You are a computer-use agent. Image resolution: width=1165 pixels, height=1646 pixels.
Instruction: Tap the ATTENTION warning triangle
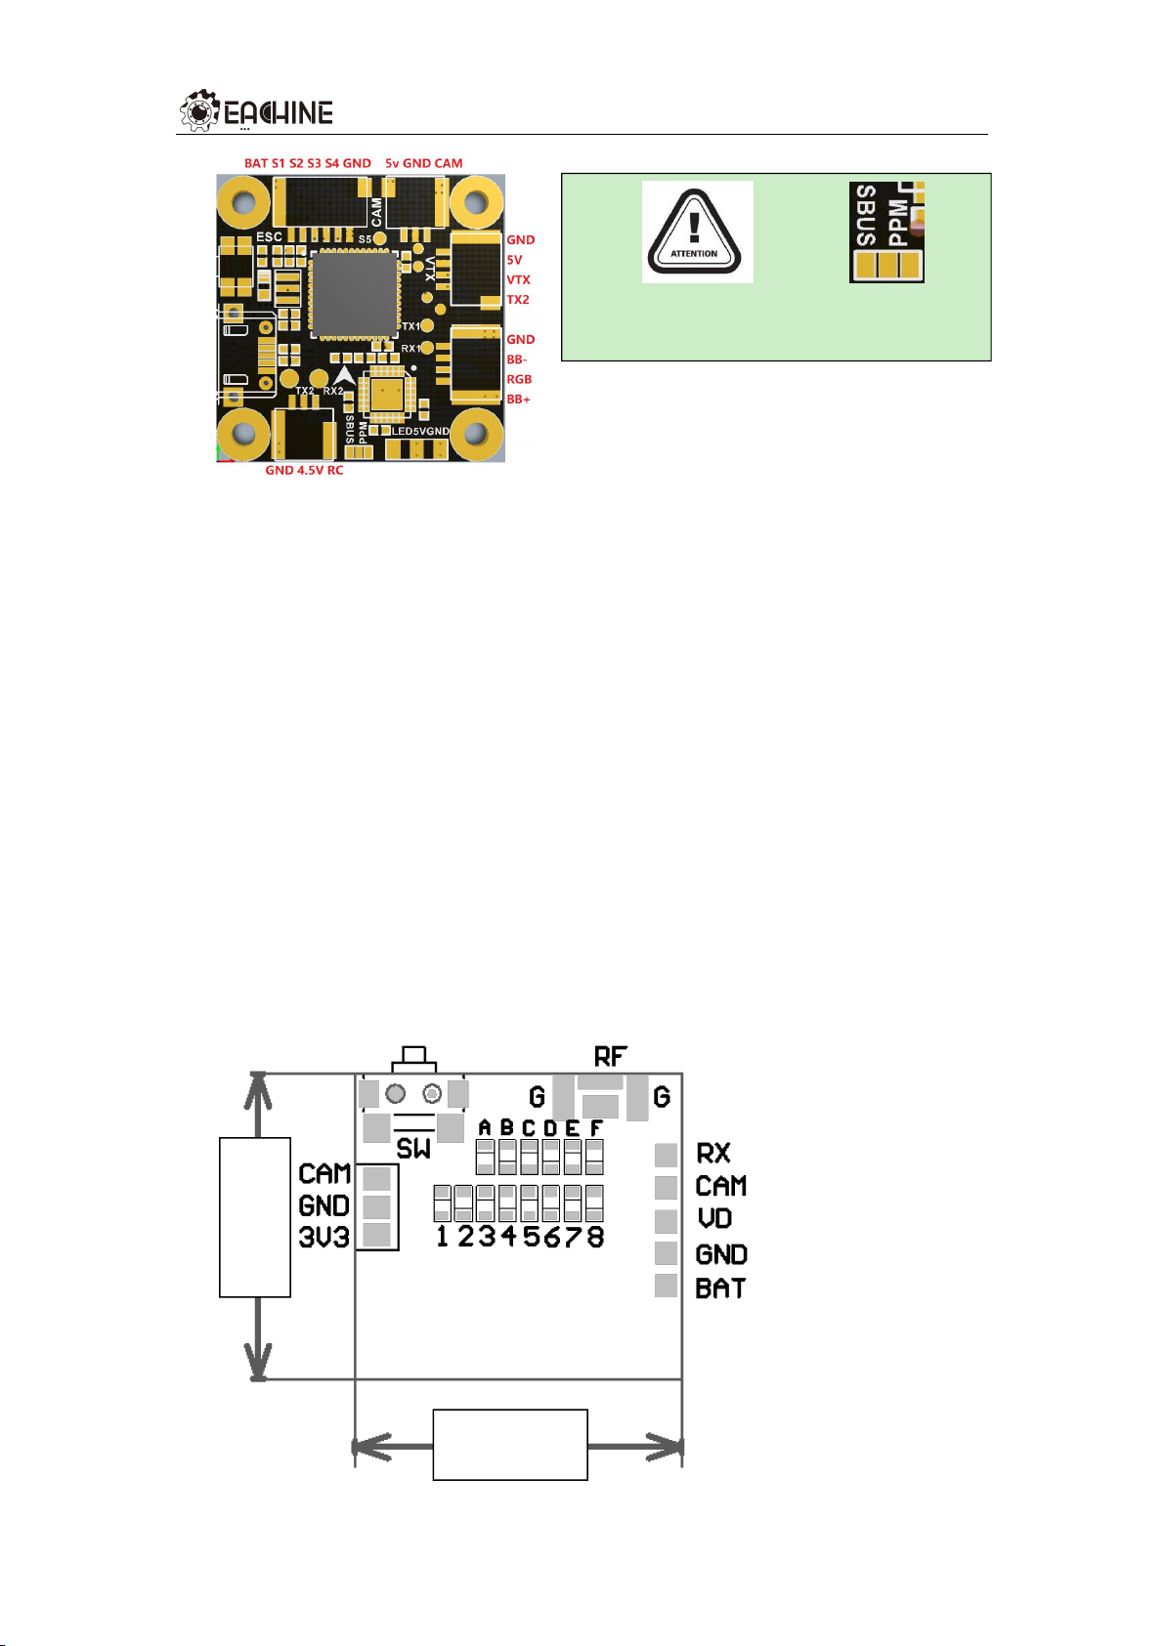coord(695,232)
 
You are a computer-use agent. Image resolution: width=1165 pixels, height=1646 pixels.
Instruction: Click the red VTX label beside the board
coord(518,280)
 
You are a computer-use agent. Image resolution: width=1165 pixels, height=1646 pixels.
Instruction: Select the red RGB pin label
coord(519,380)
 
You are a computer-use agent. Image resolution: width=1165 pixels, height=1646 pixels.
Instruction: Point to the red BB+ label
coord(518,400)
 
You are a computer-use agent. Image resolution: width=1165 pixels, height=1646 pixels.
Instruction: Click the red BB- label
coord(516,359)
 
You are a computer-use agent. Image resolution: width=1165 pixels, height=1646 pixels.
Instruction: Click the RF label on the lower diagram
coord(610,1056)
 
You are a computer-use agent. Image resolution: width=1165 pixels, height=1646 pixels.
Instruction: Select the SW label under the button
coord(413,1149)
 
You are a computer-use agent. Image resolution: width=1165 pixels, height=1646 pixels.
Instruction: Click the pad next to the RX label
coord(666,1155)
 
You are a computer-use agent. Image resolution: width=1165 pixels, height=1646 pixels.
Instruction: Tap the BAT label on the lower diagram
coord(720,1288)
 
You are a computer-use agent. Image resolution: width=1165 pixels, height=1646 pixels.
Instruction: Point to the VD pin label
coord(714,1219)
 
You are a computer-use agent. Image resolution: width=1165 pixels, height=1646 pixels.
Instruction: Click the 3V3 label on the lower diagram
coord(324,1238)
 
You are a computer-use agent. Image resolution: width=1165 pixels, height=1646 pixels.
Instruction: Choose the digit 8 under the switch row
coord(594,1237)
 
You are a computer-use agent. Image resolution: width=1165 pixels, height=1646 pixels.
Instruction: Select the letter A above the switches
coord(485,1128)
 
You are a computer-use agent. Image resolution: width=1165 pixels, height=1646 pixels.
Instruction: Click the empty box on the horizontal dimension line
coord(510,1445)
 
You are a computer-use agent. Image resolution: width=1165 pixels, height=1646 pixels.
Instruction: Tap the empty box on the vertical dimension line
coord(255,1217)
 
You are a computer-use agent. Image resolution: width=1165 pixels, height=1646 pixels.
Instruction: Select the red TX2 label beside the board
coord(518,300)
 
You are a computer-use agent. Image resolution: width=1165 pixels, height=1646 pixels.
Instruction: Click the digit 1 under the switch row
coord(443,1237)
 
